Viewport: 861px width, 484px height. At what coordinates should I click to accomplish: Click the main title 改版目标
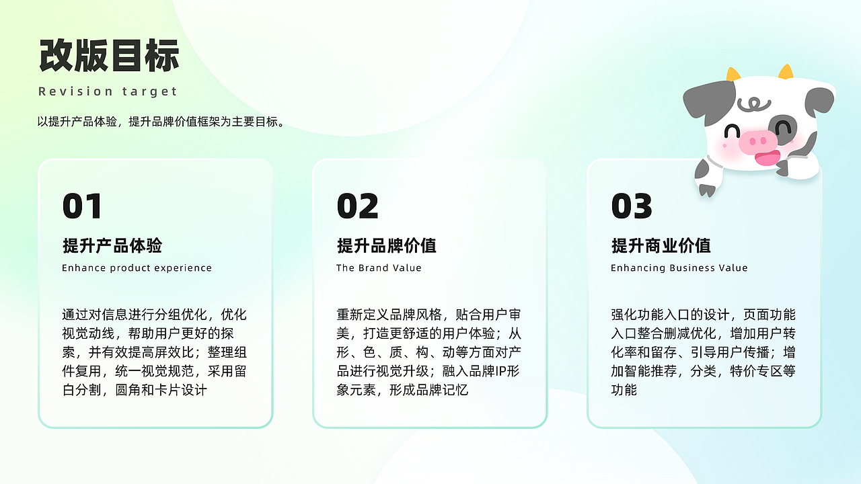(109, 56)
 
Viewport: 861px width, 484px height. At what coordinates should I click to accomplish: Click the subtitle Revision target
(108, 91)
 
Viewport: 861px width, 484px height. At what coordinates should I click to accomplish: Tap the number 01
(82, 206)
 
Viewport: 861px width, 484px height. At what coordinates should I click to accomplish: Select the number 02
(357, 206)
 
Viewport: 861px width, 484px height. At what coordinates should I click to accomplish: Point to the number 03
(632, 206)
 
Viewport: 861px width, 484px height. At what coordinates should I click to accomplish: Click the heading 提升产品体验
(112, 246)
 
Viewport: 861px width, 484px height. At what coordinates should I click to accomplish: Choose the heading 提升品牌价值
(387, 246)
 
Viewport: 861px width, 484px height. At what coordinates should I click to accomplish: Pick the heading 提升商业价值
(661, 246)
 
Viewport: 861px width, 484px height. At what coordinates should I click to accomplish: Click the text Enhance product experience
(137, 268)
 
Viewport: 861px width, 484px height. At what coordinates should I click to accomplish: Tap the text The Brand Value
(379, 268)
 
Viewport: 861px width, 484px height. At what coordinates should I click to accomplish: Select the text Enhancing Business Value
(679, 268)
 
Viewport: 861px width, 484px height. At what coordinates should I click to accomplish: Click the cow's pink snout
(757, 142)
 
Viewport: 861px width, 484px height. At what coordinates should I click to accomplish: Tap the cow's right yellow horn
(786, 71)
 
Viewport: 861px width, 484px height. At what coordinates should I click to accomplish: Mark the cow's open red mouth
(767, 159)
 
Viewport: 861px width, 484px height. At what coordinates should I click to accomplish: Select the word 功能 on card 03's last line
(624, 390)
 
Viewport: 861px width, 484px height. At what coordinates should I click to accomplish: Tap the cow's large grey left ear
(706, 101)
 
